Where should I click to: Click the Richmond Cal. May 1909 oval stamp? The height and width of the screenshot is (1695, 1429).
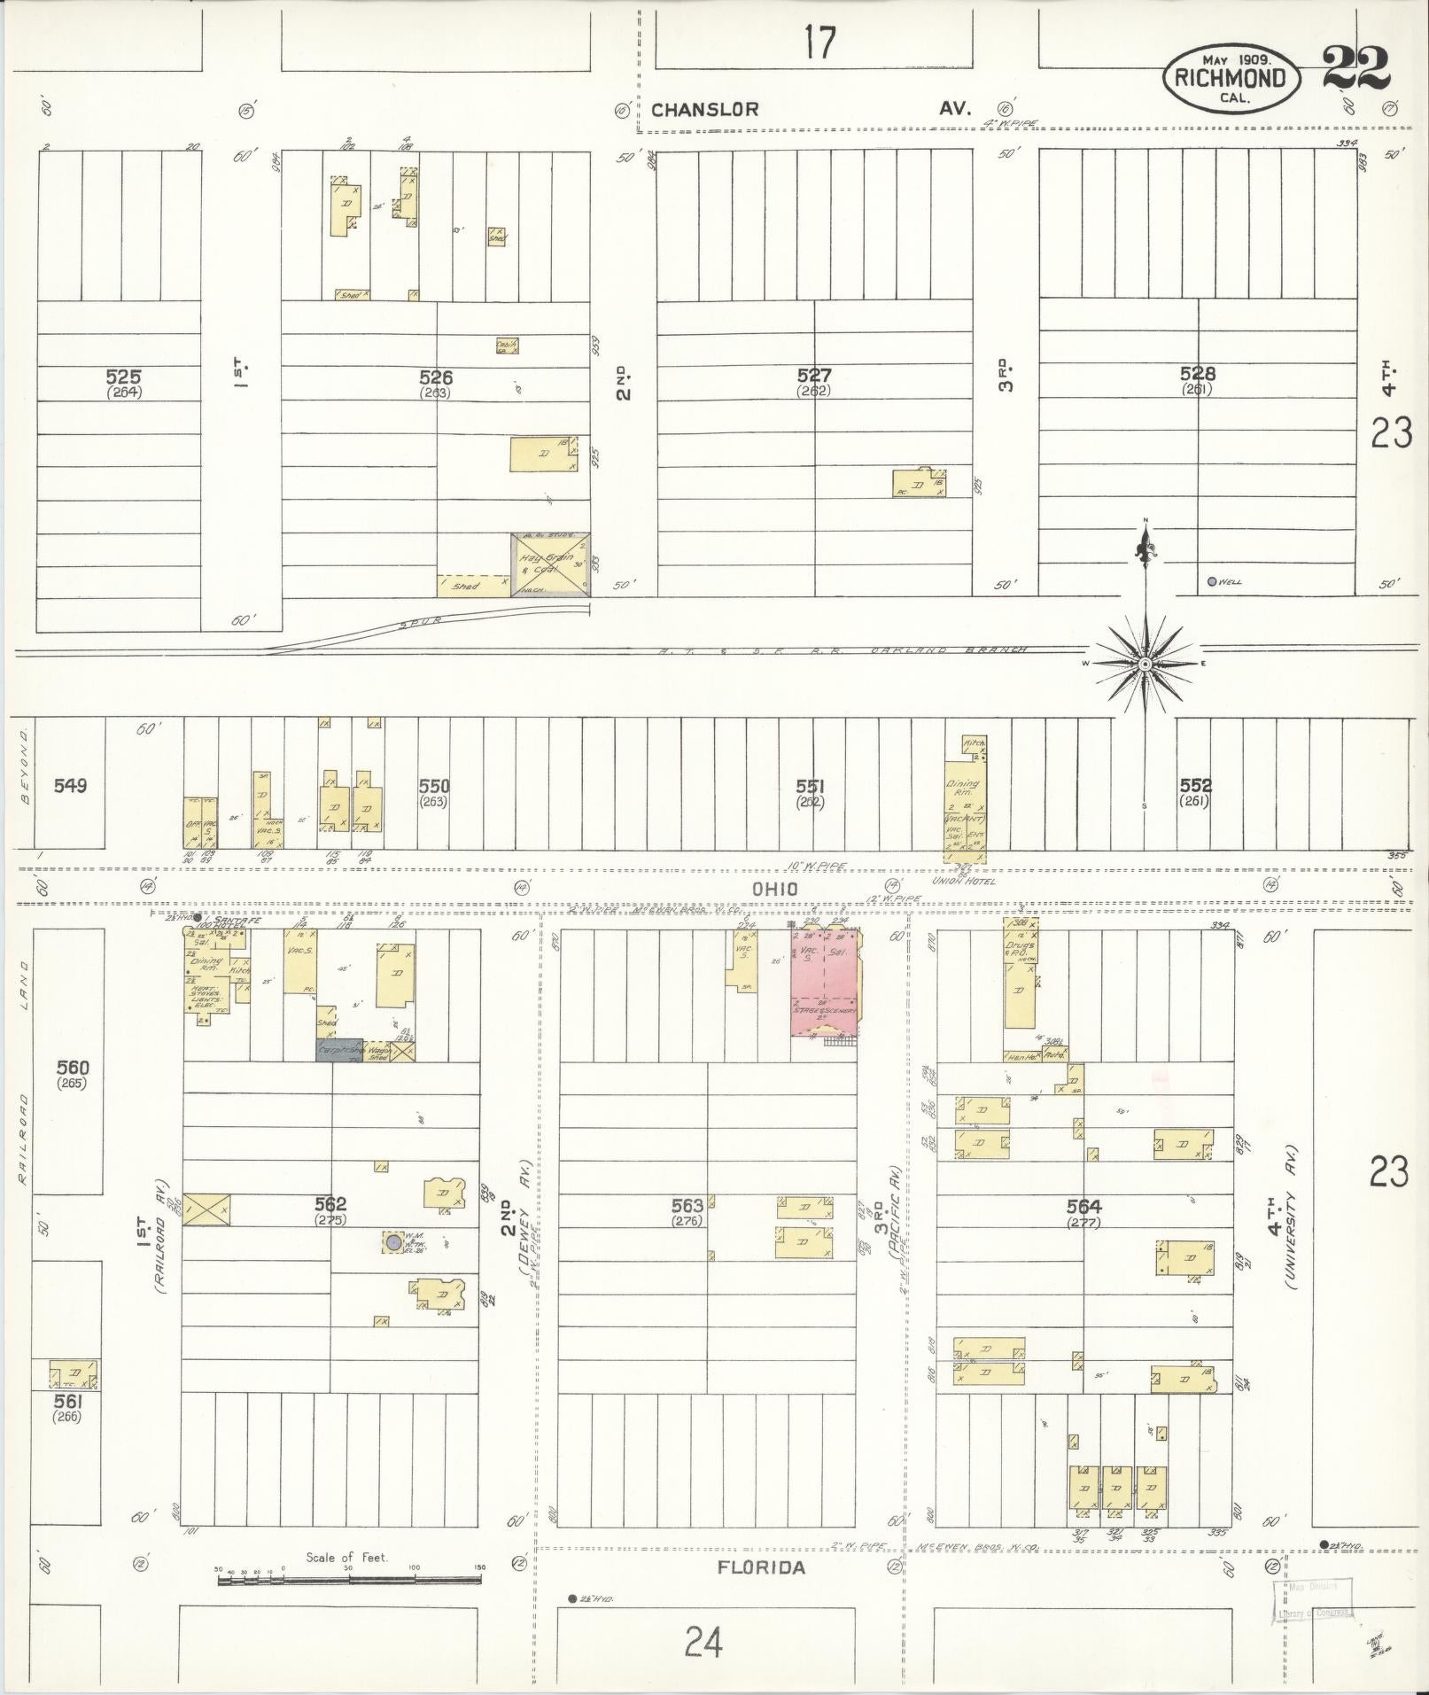(x=1231, y=78)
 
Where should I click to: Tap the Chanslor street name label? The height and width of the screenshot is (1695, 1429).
(x=705, y=110)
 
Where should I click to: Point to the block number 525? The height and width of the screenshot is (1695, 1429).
(x=122, y=377)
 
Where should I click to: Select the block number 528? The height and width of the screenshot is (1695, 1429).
(x=1197, y=374)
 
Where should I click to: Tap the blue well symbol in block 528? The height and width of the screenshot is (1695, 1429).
(x=1212, y=582)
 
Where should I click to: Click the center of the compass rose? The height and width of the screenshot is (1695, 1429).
(x=1145, y=664)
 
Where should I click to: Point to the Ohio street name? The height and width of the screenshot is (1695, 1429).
(x=775, y=889)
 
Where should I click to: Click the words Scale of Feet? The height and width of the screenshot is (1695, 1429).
(x=346, y=1558)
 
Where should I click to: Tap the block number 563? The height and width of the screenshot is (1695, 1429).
(x=687, y=1206)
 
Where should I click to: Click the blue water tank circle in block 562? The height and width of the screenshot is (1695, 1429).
(x=391, y=1242)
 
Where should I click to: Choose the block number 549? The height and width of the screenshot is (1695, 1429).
(x=70, y=785)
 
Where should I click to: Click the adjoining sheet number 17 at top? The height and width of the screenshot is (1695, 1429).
(x=819, y=43)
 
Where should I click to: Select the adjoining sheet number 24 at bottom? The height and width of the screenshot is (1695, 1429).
(x=703, y=1642)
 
